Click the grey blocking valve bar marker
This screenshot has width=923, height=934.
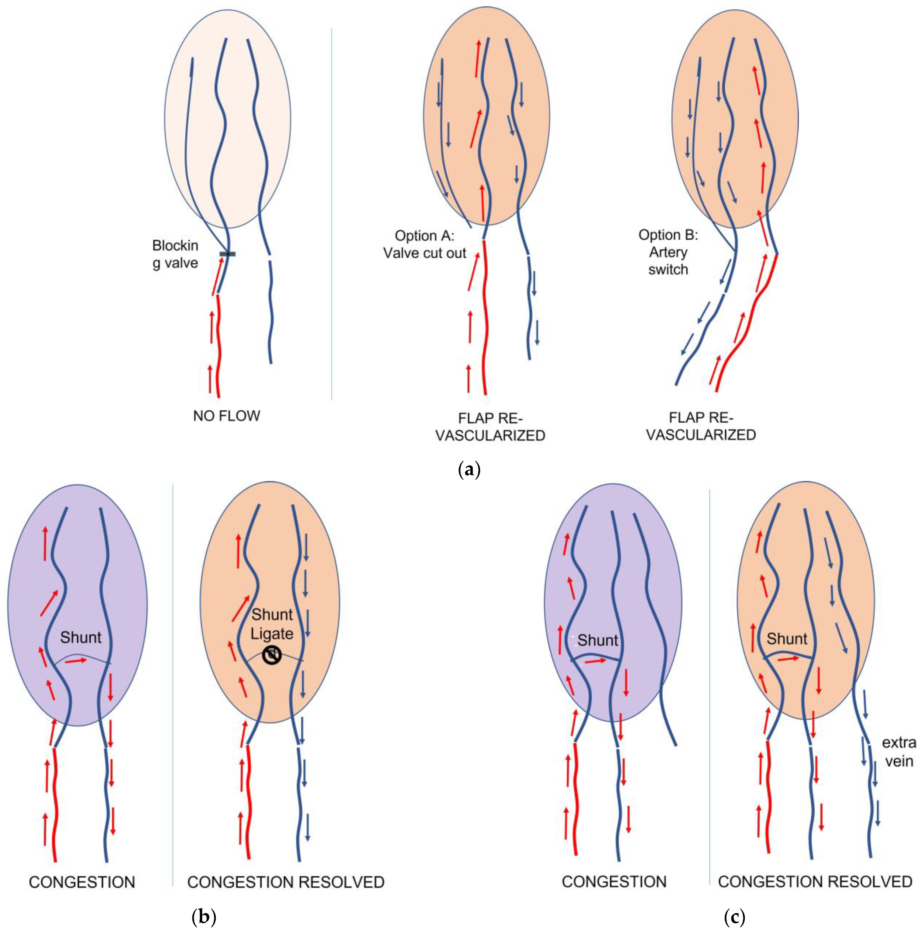[x=227, y=254]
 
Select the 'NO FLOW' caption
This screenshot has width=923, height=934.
[x=226, y=416]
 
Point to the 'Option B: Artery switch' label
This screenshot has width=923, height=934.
[x=668, y=252]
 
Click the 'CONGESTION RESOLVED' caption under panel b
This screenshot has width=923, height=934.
[x=286, y=882]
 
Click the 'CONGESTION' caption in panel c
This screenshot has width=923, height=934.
[x=614, y=882]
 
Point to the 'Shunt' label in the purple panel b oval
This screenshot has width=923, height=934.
[x=81, y=637]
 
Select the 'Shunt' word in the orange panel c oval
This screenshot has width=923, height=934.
[x=787, y=639]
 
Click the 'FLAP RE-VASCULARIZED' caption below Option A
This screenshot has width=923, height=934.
[x=490, y=427]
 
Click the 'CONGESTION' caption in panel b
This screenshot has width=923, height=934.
[x=82, y=882]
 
